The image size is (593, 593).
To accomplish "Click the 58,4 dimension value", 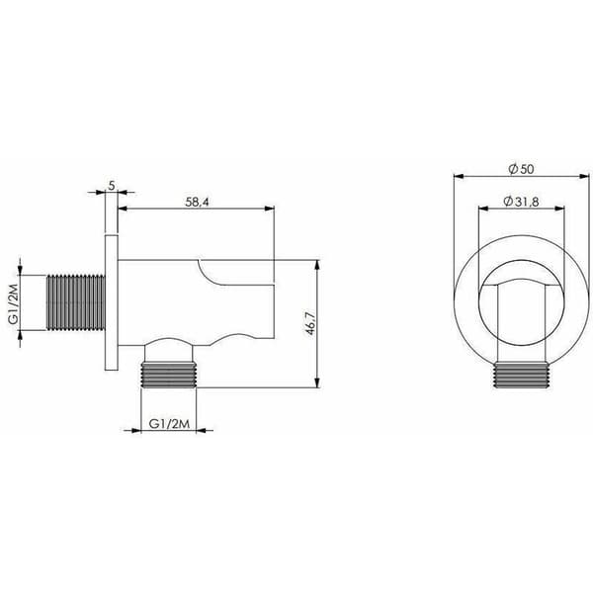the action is (x=197, y=202).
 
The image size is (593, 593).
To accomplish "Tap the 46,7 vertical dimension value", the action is (x=310, y=324).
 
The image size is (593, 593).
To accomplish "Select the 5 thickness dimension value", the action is (x=112, y=186).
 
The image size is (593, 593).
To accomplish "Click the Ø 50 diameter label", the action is (x=521, y=169).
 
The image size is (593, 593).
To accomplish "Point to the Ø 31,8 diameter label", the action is (x=521, y=202).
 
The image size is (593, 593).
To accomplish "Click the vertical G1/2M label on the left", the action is (x=14, y=301).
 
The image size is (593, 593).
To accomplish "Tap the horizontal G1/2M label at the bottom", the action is (x=169, y=424).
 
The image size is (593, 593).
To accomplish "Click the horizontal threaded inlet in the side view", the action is (x=76, y=302).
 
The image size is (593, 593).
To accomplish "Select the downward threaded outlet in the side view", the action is (x=169, y=375).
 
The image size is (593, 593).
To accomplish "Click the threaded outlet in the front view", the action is (x=522, y=375).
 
